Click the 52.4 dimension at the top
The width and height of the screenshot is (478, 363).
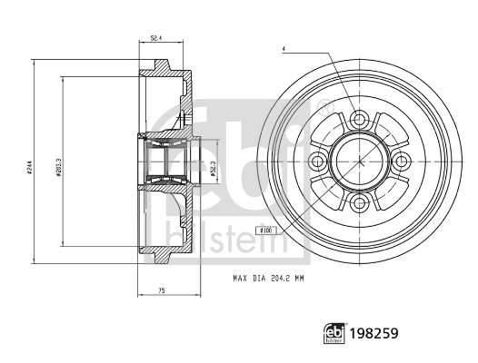[x=155, y=39]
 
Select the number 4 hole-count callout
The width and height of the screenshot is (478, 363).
[x=284, y=49]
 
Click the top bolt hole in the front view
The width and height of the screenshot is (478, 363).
[x=359, y=119]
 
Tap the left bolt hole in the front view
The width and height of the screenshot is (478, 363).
[x=318, y=161]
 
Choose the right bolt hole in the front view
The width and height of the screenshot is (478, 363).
[x=400, y=161]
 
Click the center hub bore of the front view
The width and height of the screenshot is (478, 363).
[x=359, y=161]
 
